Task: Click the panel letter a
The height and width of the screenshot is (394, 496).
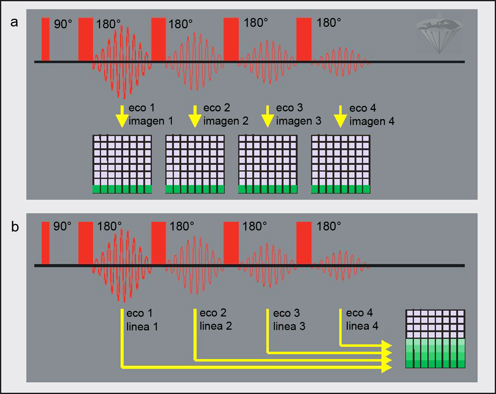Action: tap(14, 22)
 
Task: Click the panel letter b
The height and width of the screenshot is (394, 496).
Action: tap(15, 227)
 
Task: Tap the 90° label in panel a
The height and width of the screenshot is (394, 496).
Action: tap(63, 24)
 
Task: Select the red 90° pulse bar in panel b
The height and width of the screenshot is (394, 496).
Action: tap(46, 243)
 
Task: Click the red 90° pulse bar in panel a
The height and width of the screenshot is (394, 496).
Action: tap(46, 39)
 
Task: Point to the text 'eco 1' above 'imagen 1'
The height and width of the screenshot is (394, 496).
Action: tap(141, 108)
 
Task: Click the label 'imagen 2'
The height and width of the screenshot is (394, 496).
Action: tap(226, 121)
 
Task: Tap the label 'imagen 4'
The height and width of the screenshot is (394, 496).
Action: tap(371, 121)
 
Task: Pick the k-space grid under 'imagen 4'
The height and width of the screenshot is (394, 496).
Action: tap(341, 164)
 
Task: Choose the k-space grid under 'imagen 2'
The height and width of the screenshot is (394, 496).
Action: tap(195, 164)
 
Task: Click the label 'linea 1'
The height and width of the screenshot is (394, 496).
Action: tap(142, 327)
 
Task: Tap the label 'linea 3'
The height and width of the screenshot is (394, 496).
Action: tap(289, 326)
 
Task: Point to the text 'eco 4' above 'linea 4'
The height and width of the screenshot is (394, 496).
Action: tap(359, 313)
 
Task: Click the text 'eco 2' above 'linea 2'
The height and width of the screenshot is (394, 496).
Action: tap(213, 313)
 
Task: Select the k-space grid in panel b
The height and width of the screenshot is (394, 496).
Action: tap(435, 339)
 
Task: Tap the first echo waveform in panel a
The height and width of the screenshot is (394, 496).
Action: tap(122, 62)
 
